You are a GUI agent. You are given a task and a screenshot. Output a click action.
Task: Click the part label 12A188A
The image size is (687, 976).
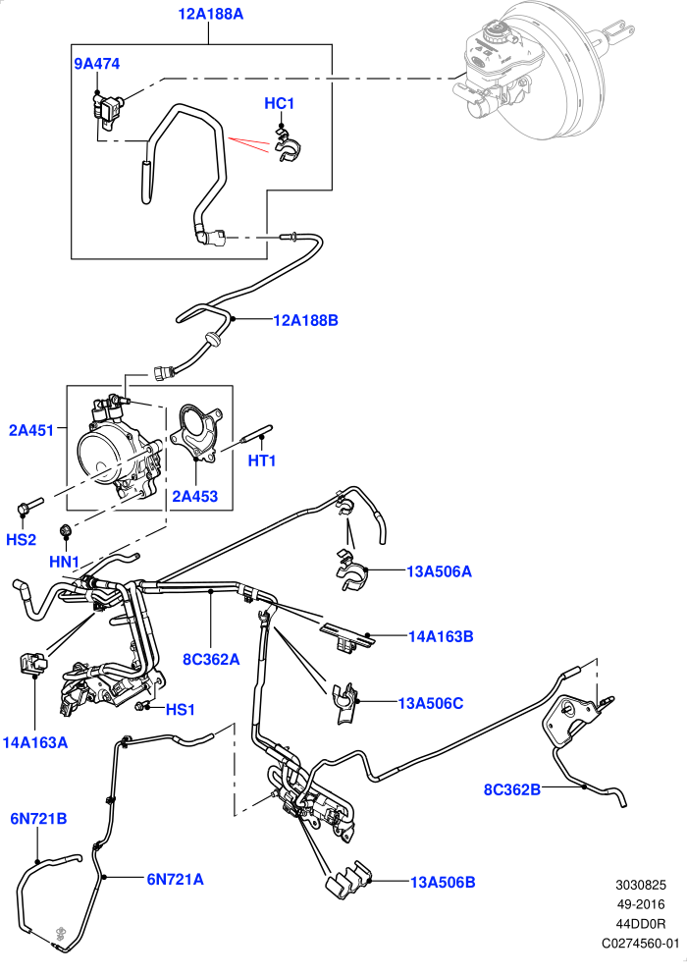pyautogui.click(x=210, y=13)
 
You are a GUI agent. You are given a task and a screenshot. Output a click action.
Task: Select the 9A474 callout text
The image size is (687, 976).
pyautogui.click(x=97, y=64)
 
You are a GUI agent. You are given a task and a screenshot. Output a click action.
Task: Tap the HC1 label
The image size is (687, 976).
pyautogui.click(x=279, y=103)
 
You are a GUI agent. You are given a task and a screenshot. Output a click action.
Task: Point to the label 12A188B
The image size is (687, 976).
pyautogui.click(x=305, y=320)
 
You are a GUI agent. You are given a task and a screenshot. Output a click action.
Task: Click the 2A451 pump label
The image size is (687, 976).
pyautogui.click(x=31, y=429)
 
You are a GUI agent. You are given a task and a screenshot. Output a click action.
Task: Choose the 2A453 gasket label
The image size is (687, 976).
pyautogui.click(x=194, y=496)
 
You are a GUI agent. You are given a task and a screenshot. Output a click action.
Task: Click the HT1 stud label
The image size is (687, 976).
pyautogui.click(x=262, y=461)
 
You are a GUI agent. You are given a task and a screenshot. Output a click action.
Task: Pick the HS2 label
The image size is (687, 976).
pyautogui.click(x=22, y=539)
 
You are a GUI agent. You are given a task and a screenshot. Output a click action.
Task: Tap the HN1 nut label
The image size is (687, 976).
pyautogui.click(x=64, y=562)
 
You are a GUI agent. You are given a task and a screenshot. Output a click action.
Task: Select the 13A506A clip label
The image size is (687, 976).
pyautogui.click(x=439, y=571)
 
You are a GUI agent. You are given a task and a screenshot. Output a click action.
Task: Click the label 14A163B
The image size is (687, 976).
pyautogui.click(x=441, y=636)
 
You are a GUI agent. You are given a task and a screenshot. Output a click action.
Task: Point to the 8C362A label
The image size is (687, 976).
pyautogui.click(x=211, y=659)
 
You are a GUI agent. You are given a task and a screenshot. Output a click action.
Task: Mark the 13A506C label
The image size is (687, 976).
pyautogui.click(x=431, y=703)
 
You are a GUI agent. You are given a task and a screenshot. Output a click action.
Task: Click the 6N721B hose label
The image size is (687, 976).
pyautogui.click(x=38, y=819)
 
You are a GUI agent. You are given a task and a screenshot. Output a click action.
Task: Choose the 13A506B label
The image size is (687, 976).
pyautogui.click(x=443, y=882)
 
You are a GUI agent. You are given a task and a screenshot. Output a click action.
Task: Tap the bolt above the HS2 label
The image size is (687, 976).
pyautogui.click(x=29, y=505)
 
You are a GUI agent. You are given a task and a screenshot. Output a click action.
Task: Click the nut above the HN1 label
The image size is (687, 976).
pyautogui.click(x=64, y=530)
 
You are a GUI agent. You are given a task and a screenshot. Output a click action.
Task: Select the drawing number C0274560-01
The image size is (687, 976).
pyautogui.click(x=640, y=944)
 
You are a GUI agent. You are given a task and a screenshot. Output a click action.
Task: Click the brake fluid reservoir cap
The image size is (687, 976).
pyautogui.click(x=496, y=30)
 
